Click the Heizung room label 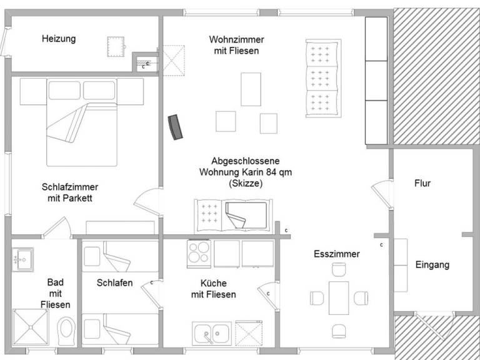[x=59, y=39]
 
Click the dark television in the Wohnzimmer [x=177, y=127]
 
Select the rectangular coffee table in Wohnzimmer [x=251, y=89]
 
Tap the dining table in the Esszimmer [x=339, y=298]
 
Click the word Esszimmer [x=337, y=254]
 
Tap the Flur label [x=422, y=184]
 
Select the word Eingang [x=432, y=265]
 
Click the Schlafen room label [x=114, y=282]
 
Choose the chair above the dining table [x=339, y=271]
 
